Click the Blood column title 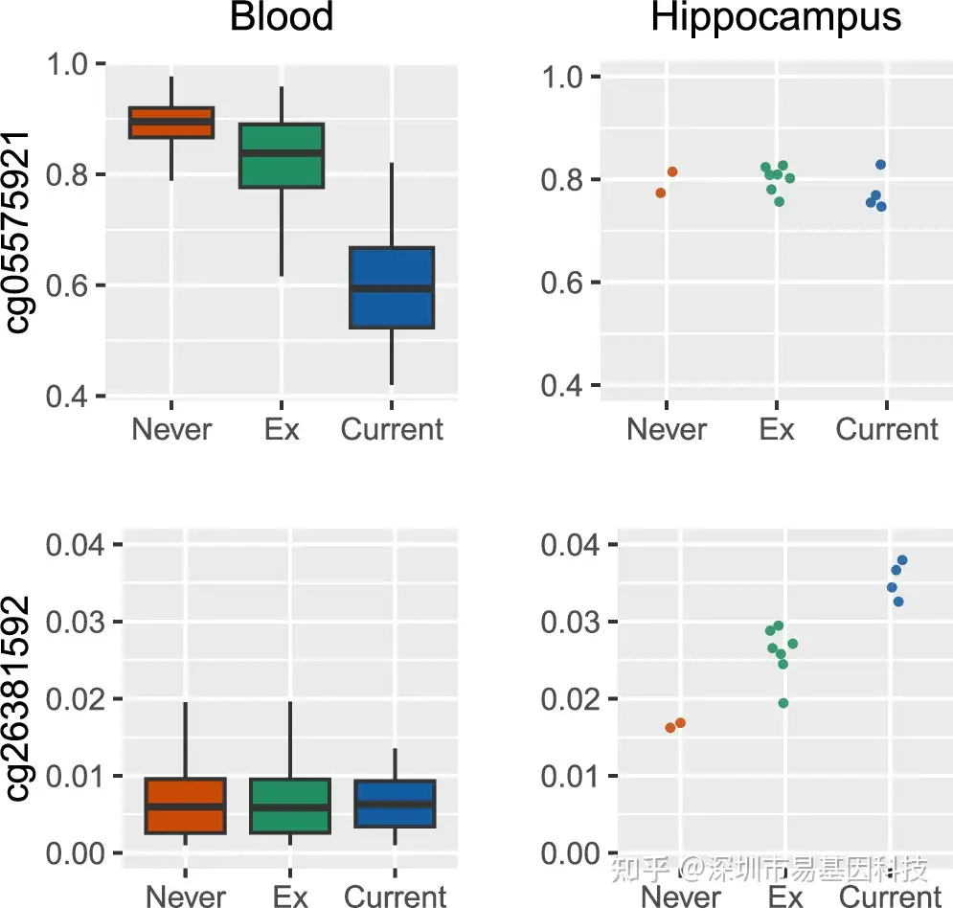point(282,17)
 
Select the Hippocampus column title point(776,17)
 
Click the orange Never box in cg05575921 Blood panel point(171,123)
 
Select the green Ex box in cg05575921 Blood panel point(282,155)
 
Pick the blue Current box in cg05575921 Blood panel point(392,287)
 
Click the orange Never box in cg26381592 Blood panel point(185,806)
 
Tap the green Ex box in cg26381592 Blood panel point(290,806)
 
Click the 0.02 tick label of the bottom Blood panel point(72,699)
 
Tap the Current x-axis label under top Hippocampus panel point(887,429)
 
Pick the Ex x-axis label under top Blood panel point(282,429)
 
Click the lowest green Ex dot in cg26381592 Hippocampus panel point(783,703)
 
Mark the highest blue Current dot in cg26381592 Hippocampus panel point(901,560)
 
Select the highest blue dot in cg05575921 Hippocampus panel point(880,165)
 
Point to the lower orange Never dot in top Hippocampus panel point(661,193)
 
